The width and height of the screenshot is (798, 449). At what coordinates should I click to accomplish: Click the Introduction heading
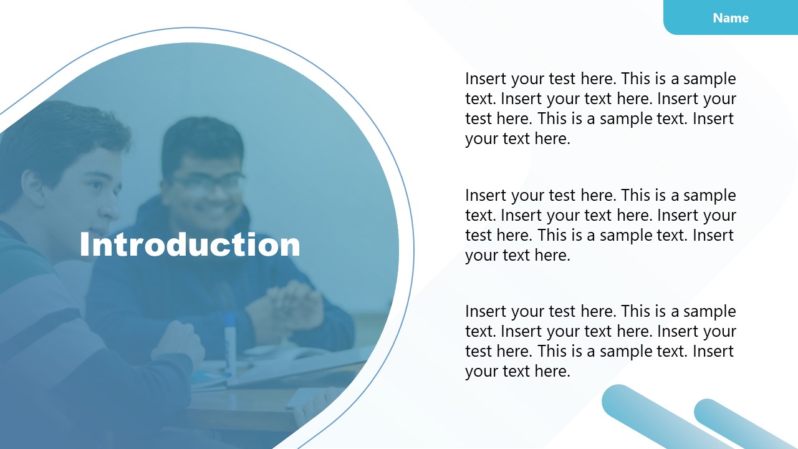click(x=190, y=244)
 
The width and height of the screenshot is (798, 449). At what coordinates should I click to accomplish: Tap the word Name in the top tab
click(x=731, y=18)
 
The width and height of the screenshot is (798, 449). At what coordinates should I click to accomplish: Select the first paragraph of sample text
click(x=600, y=109)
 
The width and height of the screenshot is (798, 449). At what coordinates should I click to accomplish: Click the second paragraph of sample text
click(x=600, y=225)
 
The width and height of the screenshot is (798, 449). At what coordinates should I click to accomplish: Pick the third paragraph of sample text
click(x=600, y=341)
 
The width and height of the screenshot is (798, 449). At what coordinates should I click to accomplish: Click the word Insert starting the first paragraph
click(x=486, y=79)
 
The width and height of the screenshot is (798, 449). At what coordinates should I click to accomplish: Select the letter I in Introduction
click(x=85, y=244)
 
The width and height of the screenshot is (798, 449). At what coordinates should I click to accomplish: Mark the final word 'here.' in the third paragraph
click(x=552, y=372)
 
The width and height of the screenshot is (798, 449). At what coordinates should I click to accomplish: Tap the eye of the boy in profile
click(x=94, y=185)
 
